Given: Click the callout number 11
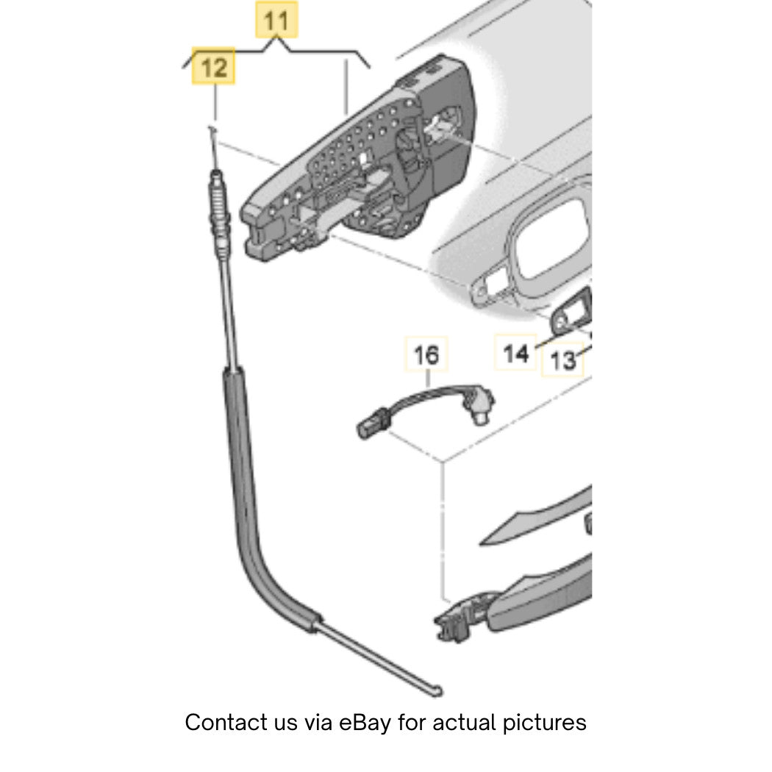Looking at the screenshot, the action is (276, 21).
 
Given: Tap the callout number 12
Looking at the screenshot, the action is (214, 67).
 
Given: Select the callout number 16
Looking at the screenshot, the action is (426, 355).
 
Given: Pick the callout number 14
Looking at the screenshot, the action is (515, 354).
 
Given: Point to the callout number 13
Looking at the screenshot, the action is (562, 360).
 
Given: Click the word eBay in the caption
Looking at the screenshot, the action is (365, 722).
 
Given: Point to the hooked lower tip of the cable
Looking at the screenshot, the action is (437, 691).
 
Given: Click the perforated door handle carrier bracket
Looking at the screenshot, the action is (358, 157).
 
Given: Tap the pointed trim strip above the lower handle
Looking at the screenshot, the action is (537, 518).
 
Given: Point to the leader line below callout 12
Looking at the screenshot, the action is (215, 102).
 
